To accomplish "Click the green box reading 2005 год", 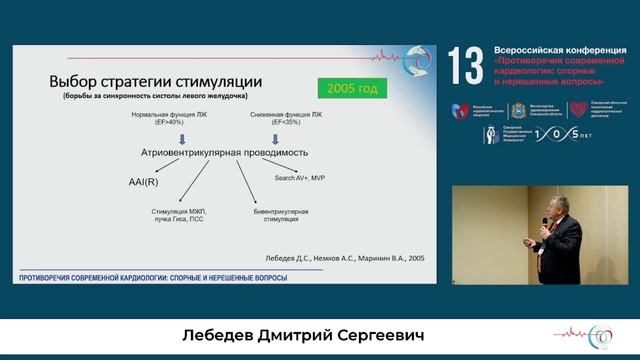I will click(x=352, y=89).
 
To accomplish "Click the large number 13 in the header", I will click(x=466, y=67).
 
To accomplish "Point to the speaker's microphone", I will click(x=546, y=227).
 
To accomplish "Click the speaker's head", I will click(x=557, y=204).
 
